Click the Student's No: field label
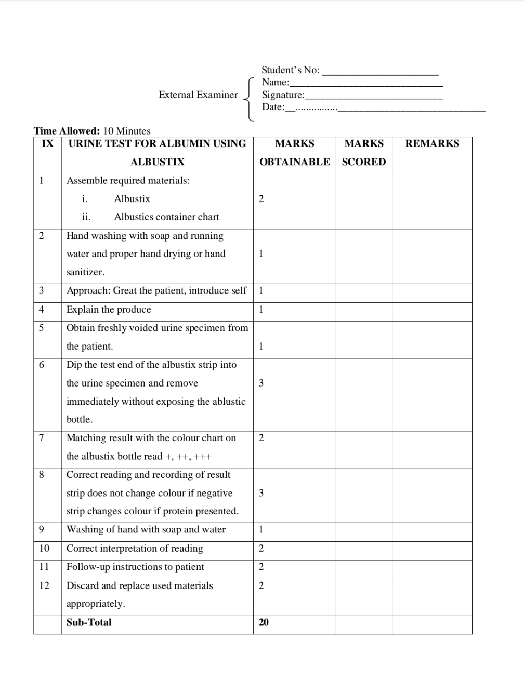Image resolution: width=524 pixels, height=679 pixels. pyautogui.click(x=290, y=70)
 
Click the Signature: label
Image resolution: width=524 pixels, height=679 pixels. pyautogui.click(x=283, y=95)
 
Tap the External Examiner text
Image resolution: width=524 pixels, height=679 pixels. pyautogui.click(x=198, y=95)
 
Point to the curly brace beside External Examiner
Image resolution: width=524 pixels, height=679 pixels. pyautogui.click(x=249, y=99)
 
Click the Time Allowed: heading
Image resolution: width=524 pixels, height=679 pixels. pyautogui.click(x=67, y=131)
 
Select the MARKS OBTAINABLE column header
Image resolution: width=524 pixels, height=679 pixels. pyautogui.click(x=294, y=152)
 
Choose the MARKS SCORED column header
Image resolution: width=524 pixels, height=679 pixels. pyautogui.click(x=363, y=152)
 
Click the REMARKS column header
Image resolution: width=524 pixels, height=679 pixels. pyautogui.click(x=432, y=143)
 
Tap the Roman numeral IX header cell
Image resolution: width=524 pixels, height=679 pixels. pyautogui.click(x=47, y=143)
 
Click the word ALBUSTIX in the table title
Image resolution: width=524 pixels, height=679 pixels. pyautogui.click(x=157, y=162)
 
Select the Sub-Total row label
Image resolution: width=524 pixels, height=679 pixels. pyautogui.click(x=89, y=622)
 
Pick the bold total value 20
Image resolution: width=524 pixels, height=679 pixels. pyautogui.click(x=264, y=622)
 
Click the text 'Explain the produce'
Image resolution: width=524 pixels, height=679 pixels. pyautogui.click(x=109, y=310)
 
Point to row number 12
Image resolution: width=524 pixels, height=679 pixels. pyautogui.click(x=44, y=585)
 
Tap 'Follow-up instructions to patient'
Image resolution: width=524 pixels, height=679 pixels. pyautogui.click(x=135, y=567)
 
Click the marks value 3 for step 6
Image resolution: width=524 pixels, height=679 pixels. pyautogui.click(x=261, y=383)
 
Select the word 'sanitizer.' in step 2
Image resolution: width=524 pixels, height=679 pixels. pyautogui.click(x=86, y=272)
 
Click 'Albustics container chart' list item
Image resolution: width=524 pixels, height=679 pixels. pyautogui.click(x=166, y=217)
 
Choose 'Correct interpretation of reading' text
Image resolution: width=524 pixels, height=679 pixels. pyautogui.click(x=135, y=548)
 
